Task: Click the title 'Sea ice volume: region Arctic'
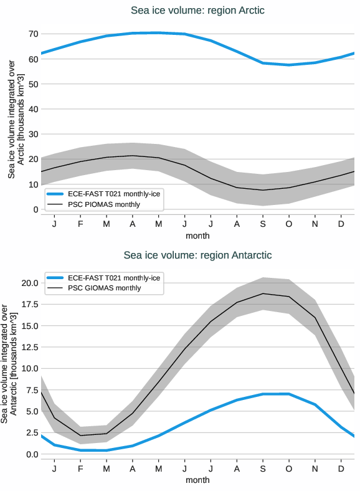pyautogui.click(x=197, y=11)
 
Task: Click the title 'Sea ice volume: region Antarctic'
pyautogui.click(x=197, y=255)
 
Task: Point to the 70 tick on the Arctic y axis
pyautogui.click(x=34, y=34)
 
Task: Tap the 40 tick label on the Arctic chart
pyautogui.click(x=34, y=109)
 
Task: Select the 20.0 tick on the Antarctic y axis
pyautogui.click(x=29, y=283)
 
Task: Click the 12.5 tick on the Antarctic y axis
pyautogui.click(x=29, y=347)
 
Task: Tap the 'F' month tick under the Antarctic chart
pyautogui.click(x=80, y=469)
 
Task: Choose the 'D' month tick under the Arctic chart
pyautogui.click(x=341, y=224)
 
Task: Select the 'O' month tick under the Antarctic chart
pyautogui.click(x=288, y=469)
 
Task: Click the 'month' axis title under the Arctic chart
pyautogui.click(x=197, y=236)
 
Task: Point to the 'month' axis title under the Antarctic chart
pyautogui.click(x=197, y=480)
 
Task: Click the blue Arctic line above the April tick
pyautogui.click(x=132, y=33)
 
